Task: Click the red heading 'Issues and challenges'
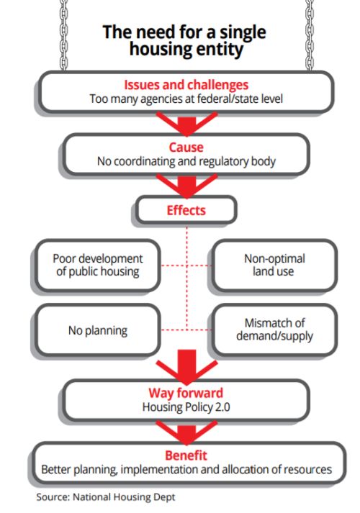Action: click(x=186, y=85)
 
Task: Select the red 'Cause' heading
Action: click(x=186, y=147)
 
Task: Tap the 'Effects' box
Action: click(x=186, y=209)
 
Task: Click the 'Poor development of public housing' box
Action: click(x=98, y=265)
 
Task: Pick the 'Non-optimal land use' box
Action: click(x=274, y=265)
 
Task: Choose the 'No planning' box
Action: click(x=98, y=330)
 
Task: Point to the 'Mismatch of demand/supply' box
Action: click(x=274, y=330)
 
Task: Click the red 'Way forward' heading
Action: click(x=186, y=393)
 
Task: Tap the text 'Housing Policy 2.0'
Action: click(x=186, y=407)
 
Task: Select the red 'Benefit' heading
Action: click(x=186, y=455)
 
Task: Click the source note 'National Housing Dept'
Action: click(x=124, y=497)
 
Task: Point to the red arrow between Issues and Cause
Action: click(x=186, y=124)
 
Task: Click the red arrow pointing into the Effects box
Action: click(x=186, y=186)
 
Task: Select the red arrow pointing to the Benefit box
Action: click(x=186, y=432)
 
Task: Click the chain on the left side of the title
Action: click(x=64, y=35)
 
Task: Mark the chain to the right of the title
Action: click(x=310, y=35)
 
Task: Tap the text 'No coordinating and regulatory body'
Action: click(x=186, y=161)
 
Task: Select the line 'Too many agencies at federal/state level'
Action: click(x=186, y=99)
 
